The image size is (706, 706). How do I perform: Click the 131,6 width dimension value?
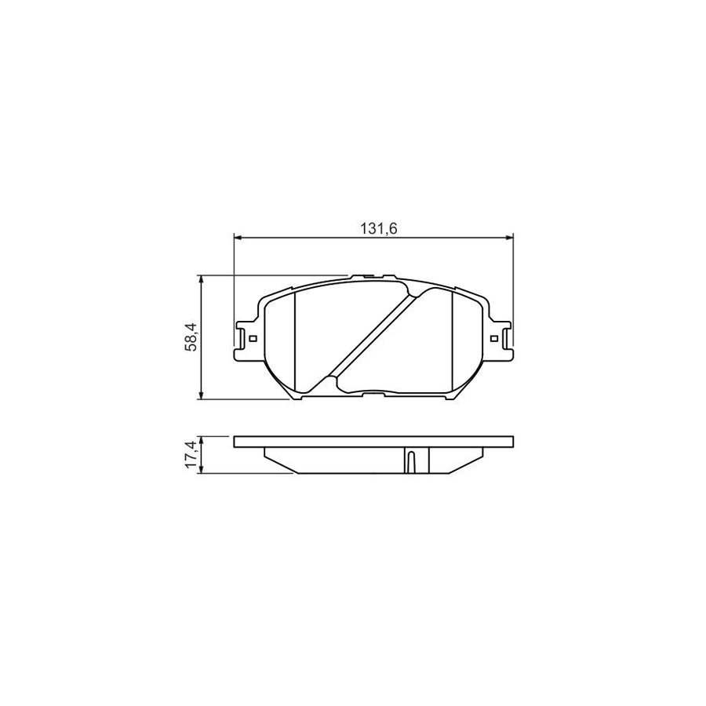point(375,228)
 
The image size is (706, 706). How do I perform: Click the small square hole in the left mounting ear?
point(252,339)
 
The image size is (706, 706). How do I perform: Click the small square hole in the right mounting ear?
point(493,339)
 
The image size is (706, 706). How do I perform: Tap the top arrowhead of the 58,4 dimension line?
point(203,279)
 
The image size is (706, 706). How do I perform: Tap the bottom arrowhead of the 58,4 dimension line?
point(203,396)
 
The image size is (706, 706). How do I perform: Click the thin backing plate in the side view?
point(373,442)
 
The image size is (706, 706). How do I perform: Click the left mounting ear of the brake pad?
point(246,340)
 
